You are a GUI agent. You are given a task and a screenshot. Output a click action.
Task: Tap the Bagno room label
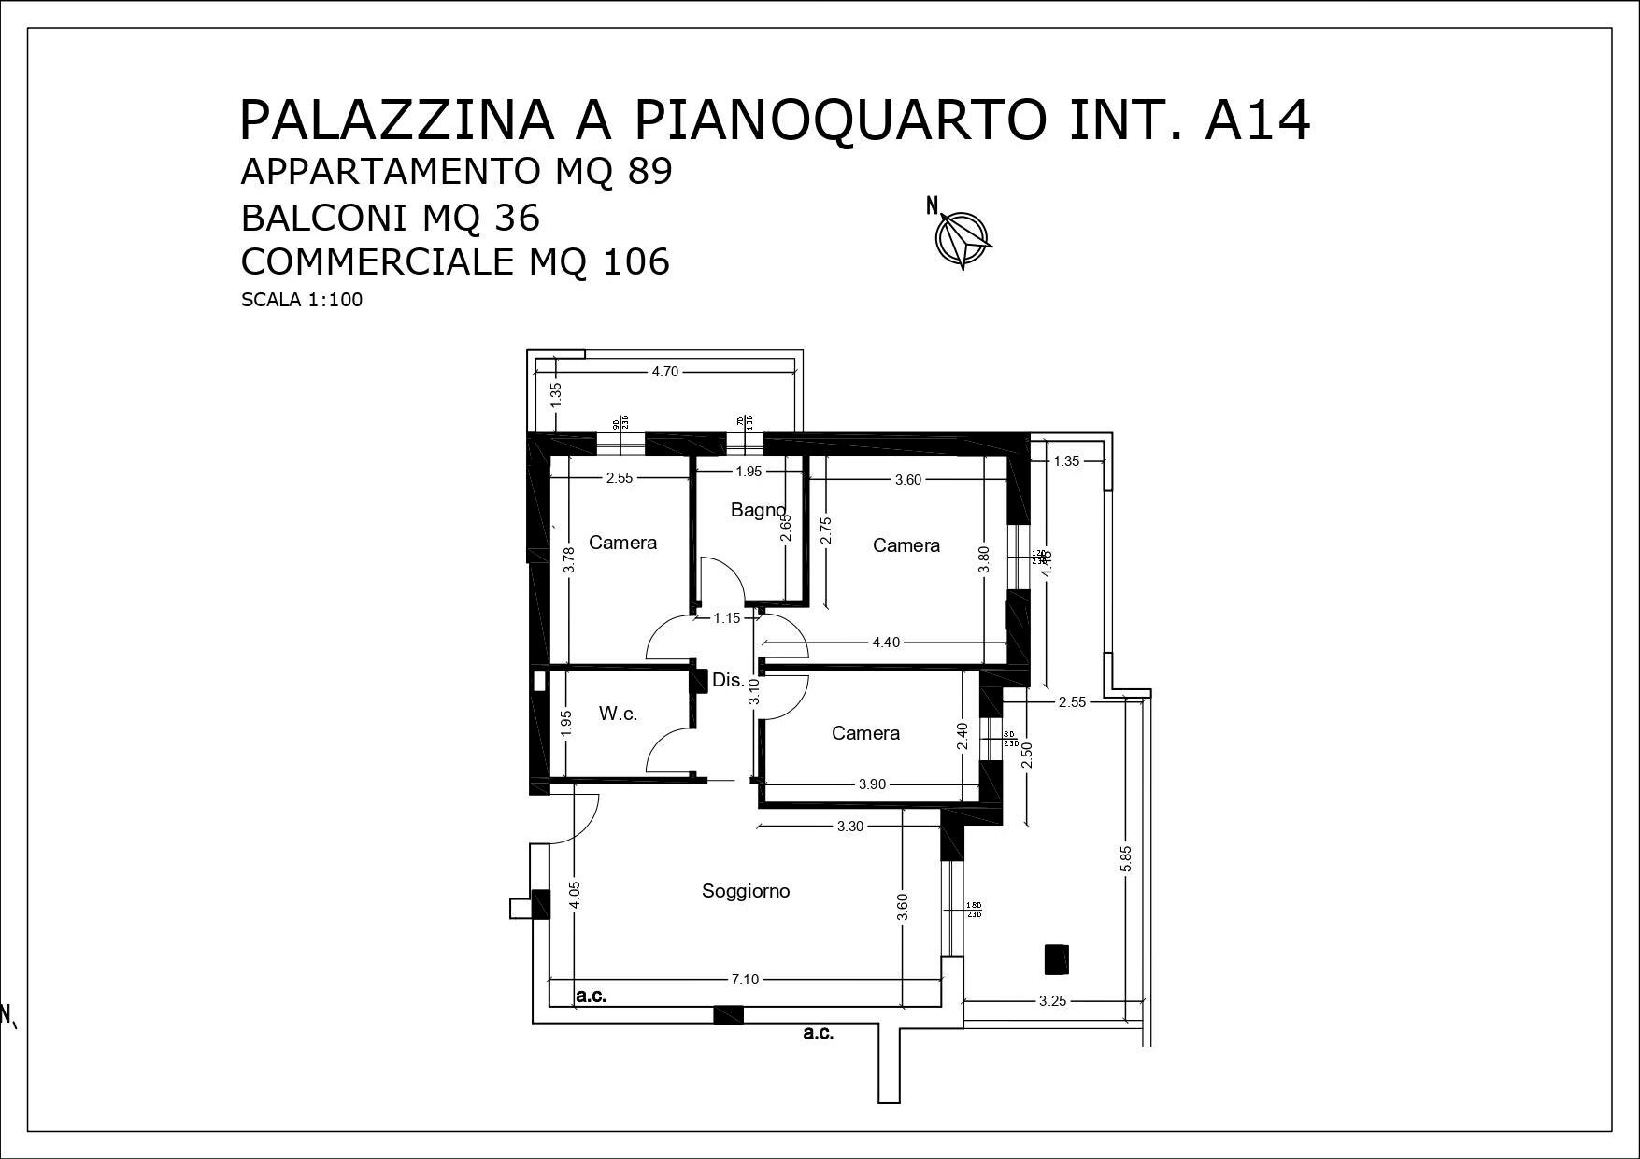tap(758, 510)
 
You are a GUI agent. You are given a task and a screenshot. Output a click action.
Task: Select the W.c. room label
tap(618, 714)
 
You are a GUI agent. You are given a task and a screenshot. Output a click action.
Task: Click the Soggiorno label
tap(746, 891)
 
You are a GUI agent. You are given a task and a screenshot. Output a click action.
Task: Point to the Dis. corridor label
tap(728, 680)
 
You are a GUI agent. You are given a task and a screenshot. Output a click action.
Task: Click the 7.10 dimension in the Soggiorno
tap(745, 980)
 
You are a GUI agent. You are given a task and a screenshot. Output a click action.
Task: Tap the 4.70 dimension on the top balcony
tap(664, 372)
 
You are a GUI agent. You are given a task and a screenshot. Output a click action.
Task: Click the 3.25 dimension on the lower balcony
tap(1052, 1001)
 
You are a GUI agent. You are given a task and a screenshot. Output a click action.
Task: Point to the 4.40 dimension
tap(886, 643)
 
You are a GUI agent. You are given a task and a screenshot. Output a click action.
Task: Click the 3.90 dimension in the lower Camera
tap(872, 784)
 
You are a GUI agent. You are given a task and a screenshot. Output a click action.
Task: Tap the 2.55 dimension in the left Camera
tap(620, 478)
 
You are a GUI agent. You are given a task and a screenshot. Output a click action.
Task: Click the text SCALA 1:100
tap(301, 301)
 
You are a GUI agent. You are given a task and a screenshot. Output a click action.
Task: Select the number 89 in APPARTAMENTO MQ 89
tap(649, 173)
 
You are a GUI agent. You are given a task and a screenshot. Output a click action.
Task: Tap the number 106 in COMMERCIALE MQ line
tap(635, 262)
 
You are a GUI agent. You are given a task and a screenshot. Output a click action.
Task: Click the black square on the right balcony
tap(1056, 958)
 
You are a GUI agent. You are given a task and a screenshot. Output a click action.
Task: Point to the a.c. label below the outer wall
tap(819, 1034)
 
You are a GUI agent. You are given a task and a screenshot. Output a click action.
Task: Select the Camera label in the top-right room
tap(906, 545)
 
